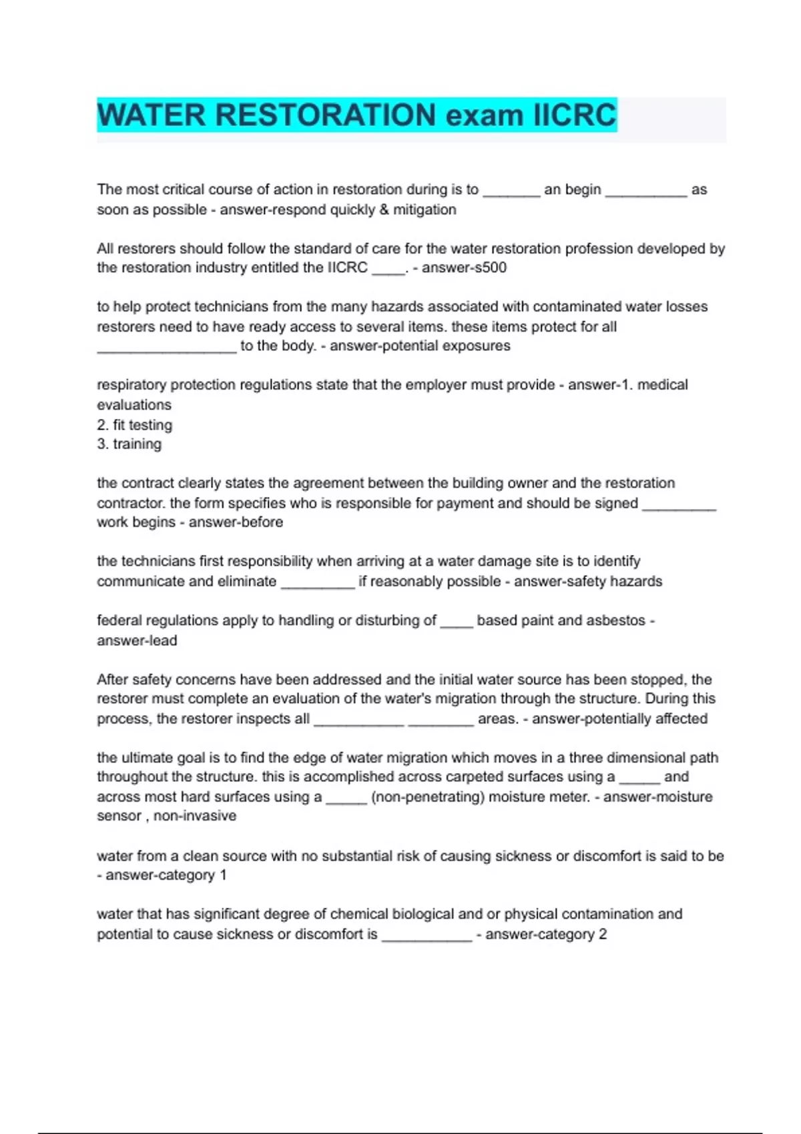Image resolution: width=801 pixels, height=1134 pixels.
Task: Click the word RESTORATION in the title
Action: click(325, 115)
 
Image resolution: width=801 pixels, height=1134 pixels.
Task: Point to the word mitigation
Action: click(425, 209)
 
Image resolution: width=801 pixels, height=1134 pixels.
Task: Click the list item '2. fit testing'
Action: click(135, 425)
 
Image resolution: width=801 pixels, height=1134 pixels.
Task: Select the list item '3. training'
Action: click(129, 444)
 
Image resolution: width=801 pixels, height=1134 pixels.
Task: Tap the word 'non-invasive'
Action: click(195, 816)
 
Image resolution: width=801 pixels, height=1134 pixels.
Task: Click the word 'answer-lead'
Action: click(137, 640)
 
